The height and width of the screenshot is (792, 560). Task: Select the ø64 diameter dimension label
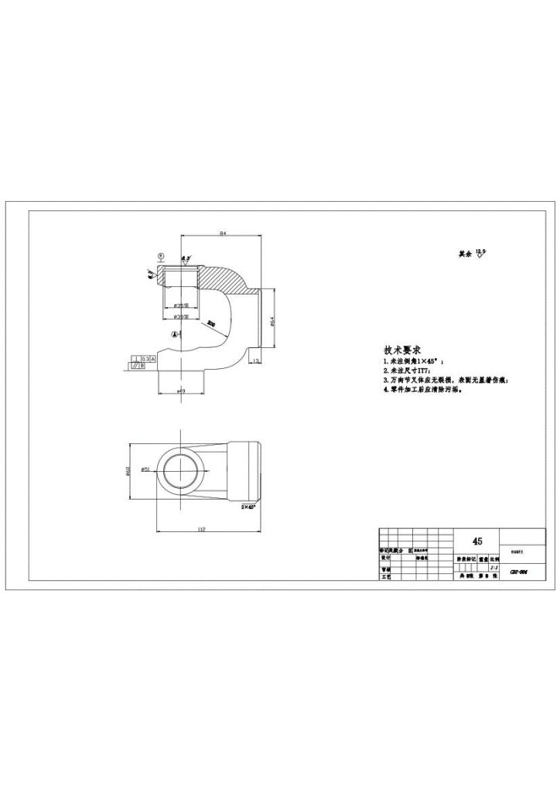(271, 323)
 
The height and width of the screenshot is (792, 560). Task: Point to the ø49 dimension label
(182, 392)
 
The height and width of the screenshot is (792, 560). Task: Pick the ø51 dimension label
(145, 470)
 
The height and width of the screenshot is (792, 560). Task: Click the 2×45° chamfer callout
(248, 507)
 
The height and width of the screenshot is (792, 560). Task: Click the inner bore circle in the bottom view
(181, 472)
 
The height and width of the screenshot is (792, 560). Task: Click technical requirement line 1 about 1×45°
(415, 362)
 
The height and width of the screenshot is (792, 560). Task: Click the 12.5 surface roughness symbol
(483, 254)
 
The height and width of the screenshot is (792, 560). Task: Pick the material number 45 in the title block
(477, 542)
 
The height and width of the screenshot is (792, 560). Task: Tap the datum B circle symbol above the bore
(161, 254)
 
